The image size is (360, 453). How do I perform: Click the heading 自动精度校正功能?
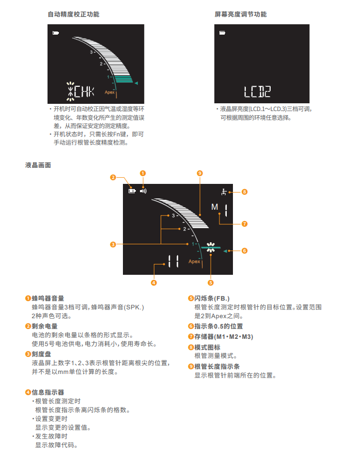click(73, 14)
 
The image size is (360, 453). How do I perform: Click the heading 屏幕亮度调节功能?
click(240, 14)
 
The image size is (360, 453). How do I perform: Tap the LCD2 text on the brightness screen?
click(257, 91)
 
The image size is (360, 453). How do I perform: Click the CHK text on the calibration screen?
click(84, 91)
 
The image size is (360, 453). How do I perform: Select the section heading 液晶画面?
click(38, 165)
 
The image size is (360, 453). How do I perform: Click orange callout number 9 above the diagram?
click(200, 173)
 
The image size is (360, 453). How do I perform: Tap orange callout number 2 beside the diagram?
click(113, 177)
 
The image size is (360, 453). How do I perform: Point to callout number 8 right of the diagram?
click(244, 192)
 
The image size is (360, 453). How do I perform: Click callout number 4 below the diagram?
click(154, 283)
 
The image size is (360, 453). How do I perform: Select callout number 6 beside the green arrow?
click(244, 251)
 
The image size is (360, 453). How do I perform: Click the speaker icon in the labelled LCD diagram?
click(143, 191)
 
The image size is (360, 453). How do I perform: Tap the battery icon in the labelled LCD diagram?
click(132, 191)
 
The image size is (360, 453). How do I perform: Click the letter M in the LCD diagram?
click(214, 207)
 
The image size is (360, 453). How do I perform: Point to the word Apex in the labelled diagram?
click(194, 261)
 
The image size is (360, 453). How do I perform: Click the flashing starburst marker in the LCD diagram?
click(211, 247)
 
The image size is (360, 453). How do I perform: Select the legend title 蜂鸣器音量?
click(48, 299)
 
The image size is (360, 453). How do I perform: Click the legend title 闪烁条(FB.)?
click(212, 299)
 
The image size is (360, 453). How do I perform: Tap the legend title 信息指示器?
click(48, 393)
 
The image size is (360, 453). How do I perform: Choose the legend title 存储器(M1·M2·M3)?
click(224, 337)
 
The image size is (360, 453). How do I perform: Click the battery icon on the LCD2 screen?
click(222, 33)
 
